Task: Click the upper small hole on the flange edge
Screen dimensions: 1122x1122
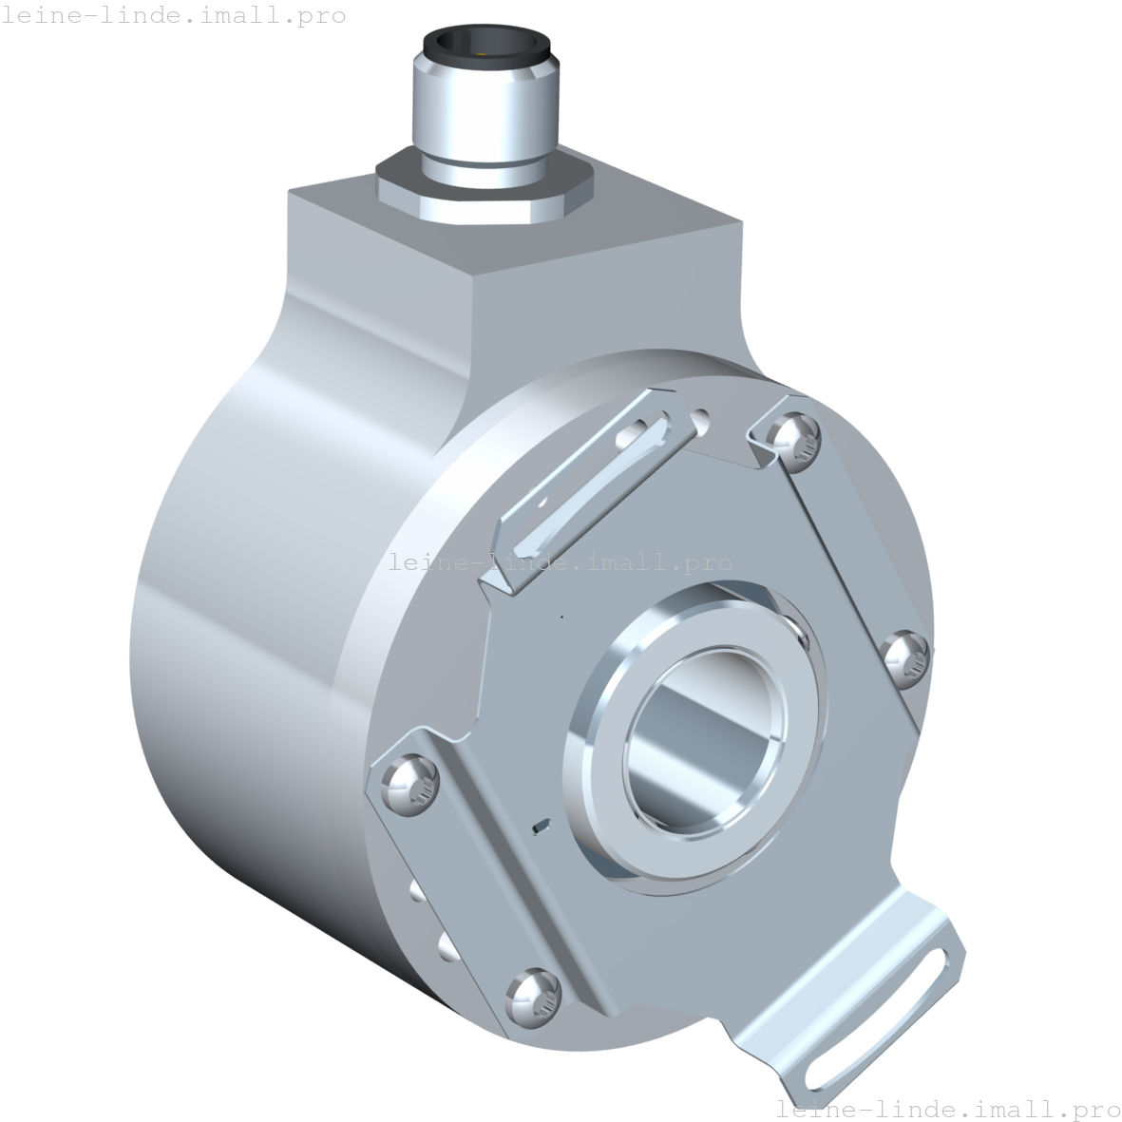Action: (415, 889)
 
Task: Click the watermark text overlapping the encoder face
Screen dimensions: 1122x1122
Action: (561, 563)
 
